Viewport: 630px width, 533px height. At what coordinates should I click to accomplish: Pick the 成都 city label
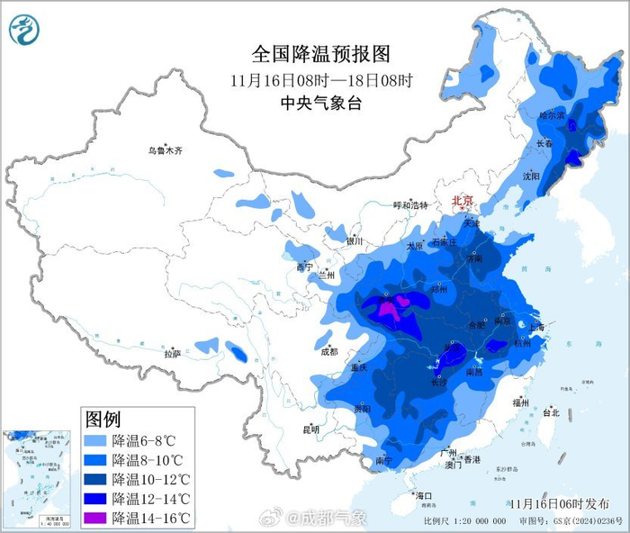tap(328, 351)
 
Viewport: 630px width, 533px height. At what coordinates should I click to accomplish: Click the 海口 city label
tap(423, 496)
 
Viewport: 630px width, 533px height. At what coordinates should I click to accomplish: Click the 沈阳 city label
tap(530, 176)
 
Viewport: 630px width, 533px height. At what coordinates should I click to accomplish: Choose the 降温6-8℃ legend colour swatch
tap(94, 440)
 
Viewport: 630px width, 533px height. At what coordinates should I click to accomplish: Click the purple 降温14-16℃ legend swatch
tap(94, 518)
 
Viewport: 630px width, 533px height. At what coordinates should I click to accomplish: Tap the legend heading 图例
tap(103, 419)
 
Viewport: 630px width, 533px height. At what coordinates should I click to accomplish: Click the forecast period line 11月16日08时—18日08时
tap(320, 80)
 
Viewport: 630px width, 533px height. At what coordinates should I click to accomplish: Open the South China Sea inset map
tap(36, 477)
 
